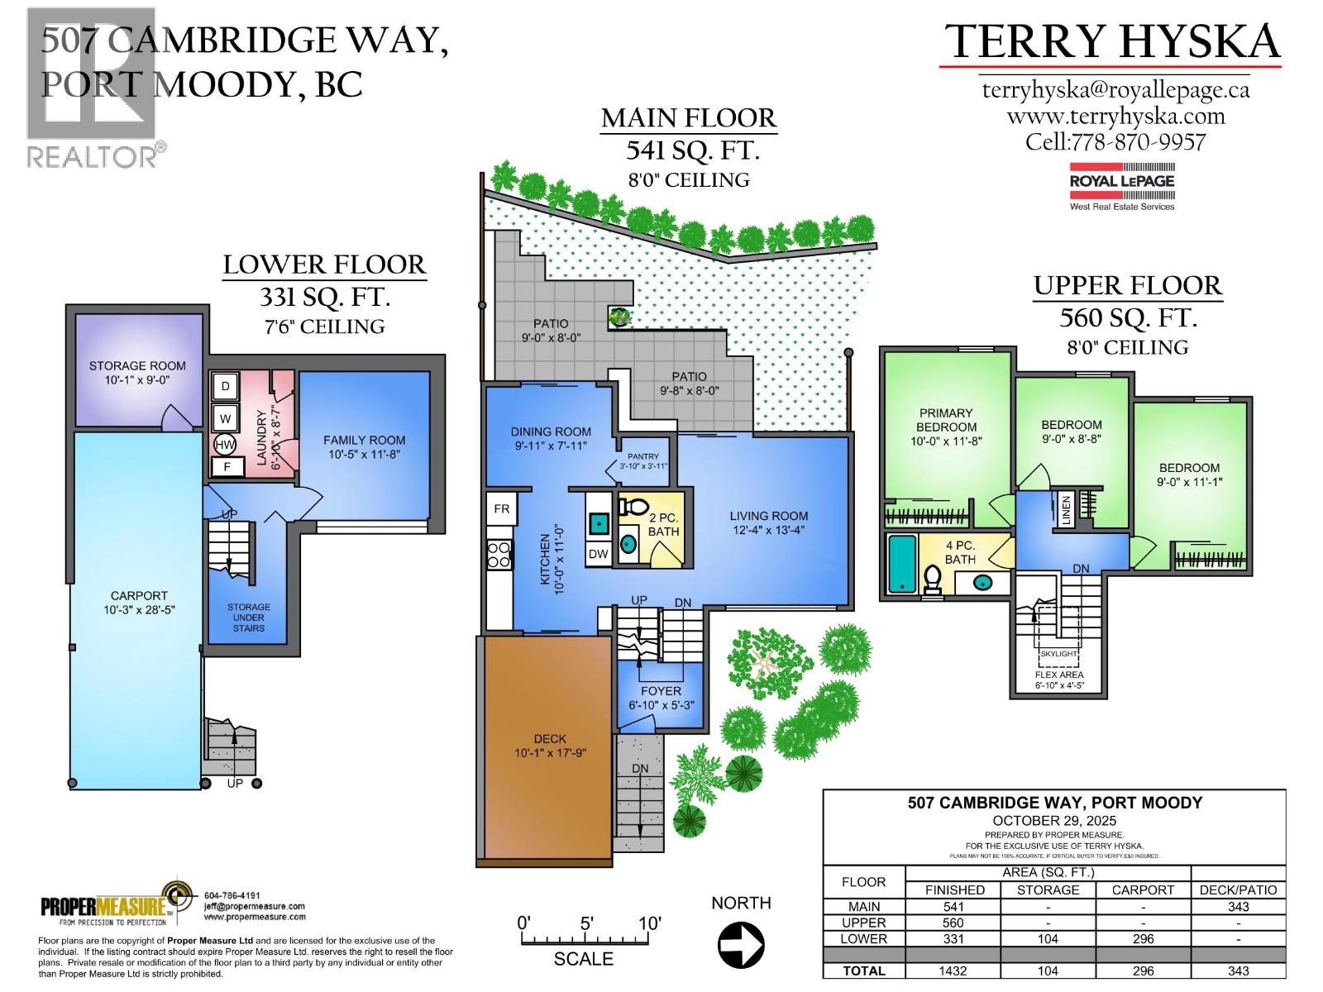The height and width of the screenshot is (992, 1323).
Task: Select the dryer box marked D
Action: [226, 386]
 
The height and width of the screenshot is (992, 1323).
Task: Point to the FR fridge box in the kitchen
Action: [502, 508]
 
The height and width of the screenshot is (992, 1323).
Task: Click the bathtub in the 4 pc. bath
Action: [901, 564]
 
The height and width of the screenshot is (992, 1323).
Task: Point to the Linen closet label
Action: [1066, 509]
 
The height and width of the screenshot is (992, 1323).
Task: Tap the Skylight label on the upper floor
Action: [1058, 653]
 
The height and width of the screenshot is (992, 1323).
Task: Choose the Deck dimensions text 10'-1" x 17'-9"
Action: [550, 753]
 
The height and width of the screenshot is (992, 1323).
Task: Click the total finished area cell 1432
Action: [953, 971]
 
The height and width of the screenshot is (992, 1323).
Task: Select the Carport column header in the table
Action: [1143, 889]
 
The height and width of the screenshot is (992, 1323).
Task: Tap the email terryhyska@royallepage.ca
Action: [1115, 89]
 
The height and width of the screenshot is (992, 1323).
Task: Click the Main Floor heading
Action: [689, 119]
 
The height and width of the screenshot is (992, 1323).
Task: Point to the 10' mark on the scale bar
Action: [650, 923]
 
